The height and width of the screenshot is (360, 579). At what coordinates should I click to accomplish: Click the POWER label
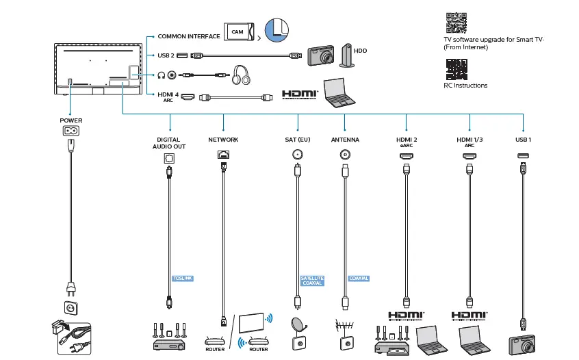tap(71, 120)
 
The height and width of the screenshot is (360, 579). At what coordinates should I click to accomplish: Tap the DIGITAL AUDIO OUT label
tap(168, 142)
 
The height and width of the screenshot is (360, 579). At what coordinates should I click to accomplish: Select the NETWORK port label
tap(223, 140)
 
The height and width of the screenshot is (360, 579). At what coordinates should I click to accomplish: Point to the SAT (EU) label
tap(298, 140)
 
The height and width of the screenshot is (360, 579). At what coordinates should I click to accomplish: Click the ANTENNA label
tap(345, 140)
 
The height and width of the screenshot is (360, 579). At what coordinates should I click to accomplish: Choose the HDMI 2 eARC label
tap(407, 142)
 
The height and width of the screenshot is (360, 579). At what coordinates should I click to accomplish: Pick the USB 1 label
tap(524, 140)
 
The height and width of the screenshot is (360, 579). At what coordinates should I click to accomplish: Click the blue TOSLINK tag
tap(183, 279)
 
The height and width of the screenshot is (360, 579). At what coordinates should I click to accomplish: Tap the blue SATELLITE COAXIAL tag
tap(312, 281)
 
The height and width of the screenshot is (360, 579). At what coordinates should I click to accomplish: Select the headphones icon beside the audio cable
tap(240, 75)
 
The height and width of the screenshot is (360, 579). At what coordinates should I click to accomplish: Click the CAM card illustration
tap(238, 32)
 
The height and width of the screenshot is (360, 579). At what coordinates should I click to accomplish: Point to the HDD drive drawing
tap(348, 57)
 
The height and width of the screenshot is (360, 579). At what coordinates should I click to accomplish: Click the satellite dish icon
tap(299, 331)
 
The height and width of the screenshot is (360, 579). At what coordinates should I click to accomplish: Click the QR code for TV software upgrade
tap(456, 23)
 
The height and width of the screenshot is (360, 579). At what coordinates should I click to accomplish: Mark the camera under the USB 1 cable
tap(524, 345)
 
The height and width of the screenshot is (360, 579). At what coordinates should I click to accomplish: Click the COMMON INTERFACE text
tap(189, 36)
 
